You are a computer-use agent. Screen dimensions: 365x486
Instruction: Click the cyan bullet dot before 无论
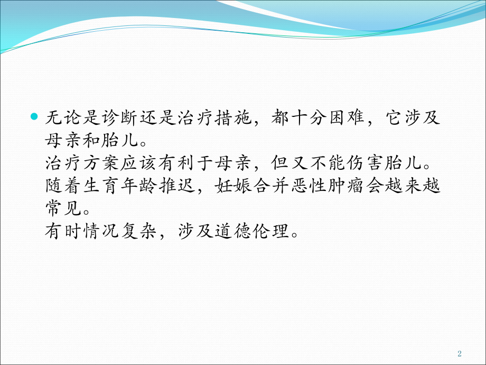coord(35,116)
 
